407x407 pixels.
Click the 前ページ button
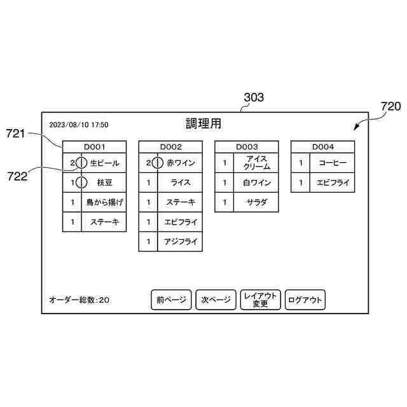tap(170, 300)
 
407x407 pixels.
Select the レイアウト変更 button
tap(260, 300)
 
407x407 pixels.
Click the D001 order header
tap(94, 146)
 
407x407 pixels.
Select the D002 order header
tap(170, 146)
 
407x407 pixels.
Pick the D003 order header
tap(247, 146)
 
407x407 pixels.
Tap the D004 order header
tap(323, 146)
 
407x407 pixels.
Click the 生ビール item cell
tap(104, 163)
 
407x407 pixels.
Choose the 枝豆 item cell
tap(104, 183)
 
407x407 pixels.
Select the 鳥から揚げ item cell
tap(104, 202)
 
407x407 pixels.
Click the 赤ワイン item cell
tap(181, 163)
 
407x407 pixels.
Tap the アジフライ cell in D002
tap(181, 242)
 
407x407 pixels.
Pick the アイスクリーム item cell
tap(257, 163)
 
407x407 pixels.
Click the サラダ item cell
tap(257, 202)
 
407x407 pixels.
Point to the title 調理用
tap(203, 123)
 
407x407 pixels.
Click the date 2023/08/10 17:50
tap(79, 125)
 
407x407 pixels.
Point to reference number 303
tap(254, 97)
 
